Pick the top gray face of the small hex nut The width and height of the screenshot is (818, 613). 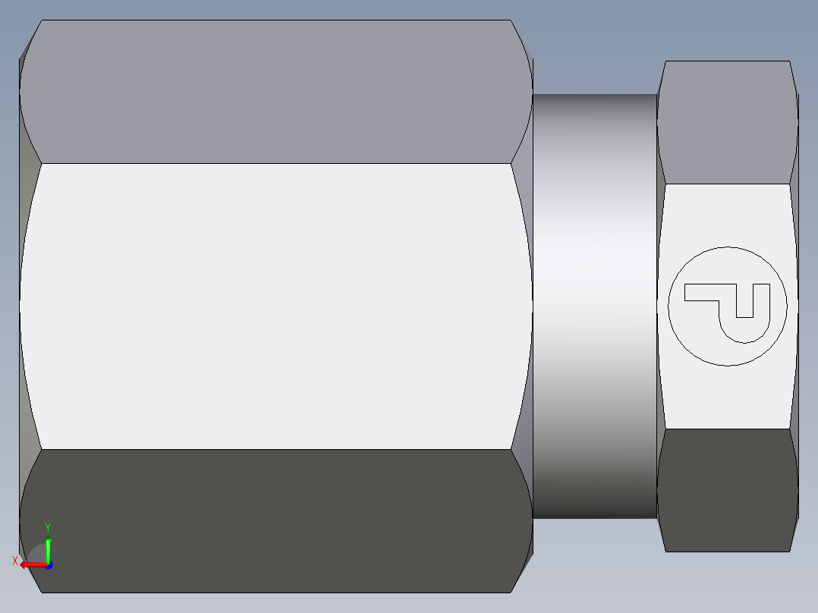tap(727, 121)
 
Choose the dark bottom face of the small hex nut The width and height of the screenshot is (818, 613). tap(727, 489)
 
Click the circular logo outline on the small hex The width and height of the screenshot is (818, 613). tap(728, 247)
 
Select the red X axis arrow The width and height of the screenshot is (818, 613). tap(32, 564)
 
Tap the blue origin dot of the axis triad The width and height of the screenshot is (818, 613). tap(48, 564)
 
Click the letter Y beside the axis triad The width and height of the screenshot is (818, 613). tap(47, 527)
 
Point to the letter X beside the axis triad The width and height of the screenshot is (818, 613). tap(15, 561)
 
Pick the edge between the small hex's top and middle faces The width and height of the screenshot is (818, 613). tap(727, 184)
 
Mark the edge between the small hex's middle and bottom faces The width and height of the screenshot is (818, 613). tap(727, 429)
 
